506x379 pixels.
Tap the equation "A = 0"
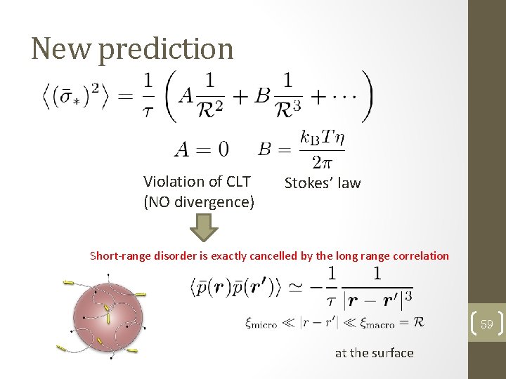tap(201, 149)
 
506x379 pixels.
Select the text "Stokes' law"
tap(322, 183)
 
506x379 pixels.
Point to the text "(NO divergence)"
tap(198, 202)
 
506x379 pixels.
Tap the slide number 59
tap(486, 324)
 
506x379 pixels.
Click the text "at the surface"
tap(374, 353)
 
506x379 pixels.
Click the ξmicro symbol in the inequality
tap(261, 323)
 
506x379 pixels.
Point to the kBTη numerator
tap(320, 137)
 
